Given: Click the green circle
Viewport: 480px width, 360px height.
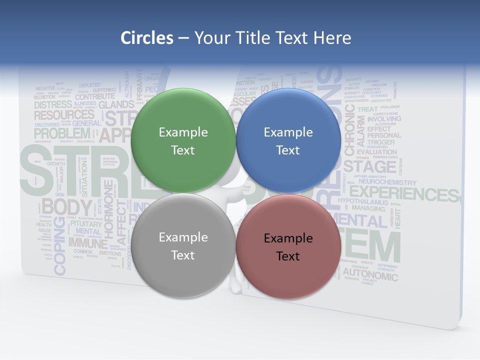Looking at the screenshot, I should click(x=183, y=140).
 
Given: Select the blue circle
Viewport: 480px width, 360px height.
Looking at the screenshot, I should click(x=288, y=140).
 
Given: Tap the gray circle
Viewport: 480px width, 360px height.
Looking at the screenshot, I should click(x=183, y=245).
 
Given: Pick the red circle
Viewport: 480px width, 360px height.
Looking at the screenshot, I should click(x=288, y=246).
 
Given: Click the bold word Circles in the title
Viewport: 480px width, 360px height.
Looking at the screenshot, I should click(x=147, y=37).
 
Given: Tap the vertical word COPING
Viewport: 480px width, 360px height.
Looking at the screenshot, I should click(x=59, y=245).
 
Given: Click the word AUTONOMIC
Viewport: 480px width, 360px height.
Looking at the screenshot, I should click(x=370, y=275).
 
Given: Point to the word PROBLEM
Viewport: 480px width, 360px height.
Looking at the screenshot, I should click(x=62, y=133).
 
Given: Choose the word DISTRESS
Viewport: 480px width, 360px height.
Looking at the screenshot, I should click(x=53, y=105).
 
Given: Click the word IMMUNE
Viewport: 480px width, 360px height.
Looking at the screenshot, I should click(x=88, y=243).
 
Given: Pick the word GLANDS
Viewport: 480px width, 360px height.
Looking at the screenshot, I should click(x=116, y=105).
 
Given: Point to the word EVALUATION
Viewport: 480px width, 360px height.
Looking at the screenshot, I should click(x=376, y=152).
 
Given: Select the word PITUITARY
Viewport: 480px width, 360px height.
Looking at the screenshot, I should click(x=85, y=223).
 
